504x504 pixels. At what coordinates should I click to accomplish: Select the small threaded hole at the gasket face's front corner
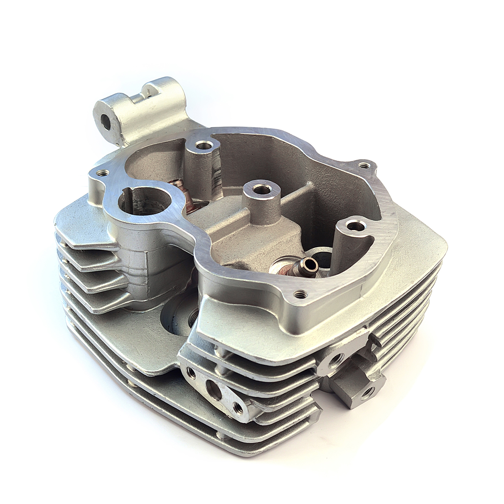(297, 295)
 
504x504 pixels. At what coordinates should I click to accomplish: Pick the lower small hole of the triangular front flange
(238, 409)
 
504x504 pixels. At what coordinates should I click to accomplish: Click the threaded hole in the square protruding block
(368, 392)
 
